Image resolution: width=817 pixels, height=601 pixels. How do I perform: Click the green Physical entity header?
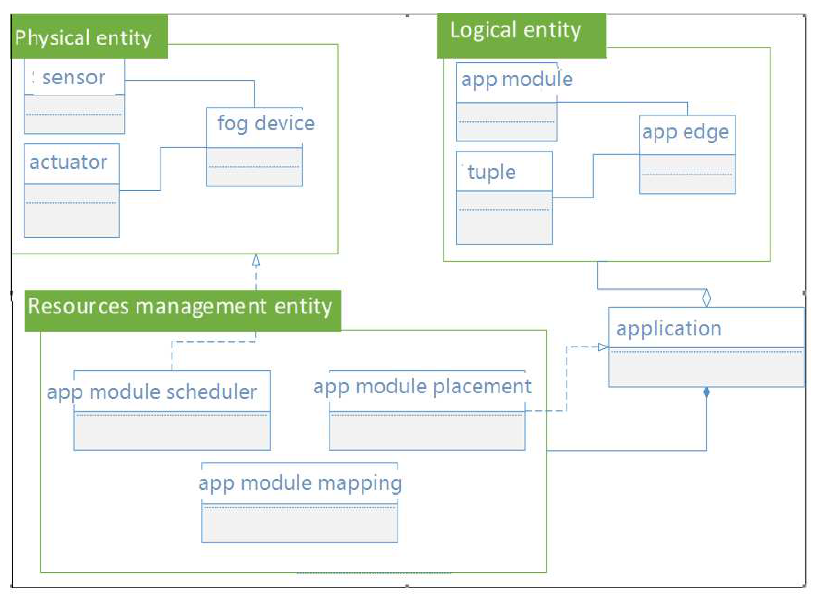pyautogui.click(x=89, y=36)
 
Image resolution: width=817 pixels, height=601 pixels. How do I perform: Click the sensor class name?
pyautogui.click(x=74, y=78)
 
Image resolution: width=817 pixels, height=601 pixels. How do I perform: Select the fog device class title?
pyautogui.click(x=266, y=124)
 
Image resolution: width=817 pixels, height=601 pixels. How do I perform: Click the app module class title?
pyautogui.click(x=517, y=79)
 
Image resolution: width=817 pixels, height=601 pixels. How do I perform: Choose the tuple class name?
pyautogui.click(x=491, y=172)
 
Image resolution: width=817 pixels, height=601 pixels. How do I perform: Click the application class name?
pyautogui.click(x=668, y=328)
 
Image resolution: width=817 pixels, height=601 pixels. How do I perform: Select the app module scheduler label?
pyautogui.click(x=152, y=392)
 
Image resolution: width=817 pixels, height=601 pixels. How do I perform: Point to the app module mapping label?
pyautogui.click(x=300, y=483)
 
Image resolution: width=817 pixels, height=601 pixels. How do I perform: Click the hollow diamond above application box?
pyautogui.click(x=706, y=298)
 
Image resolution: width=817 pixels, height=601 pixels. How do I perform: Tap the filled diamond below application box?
pyautogui.click(x=706, y=392)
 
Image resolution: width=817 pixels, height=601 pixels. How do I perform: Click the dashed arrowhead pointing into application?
pyautogui.click(x=602, y=347)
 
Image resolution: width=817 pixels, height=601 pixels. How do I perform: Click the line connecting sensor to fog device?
pyautogui.click(x=189, y=80)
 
